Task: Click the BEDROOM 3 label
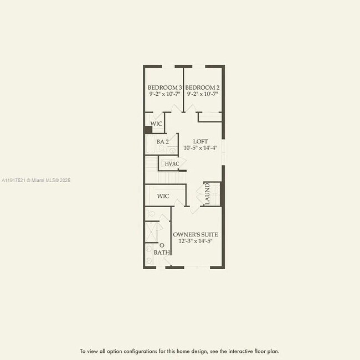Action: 164,88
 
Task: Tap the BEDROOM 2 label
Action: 202,88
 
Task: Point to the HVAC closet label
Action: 172,164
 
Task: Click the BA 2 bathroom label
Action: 162,142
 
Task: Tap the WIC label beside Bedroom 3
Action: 157,124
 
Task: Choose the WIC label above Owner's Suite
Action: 163,196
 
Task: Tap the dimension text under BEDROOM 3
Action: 164,95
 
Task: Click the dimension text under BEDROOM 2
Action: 202,95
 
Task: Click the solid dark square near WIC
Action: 148,130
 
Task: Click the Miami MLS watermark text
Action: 36,180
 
